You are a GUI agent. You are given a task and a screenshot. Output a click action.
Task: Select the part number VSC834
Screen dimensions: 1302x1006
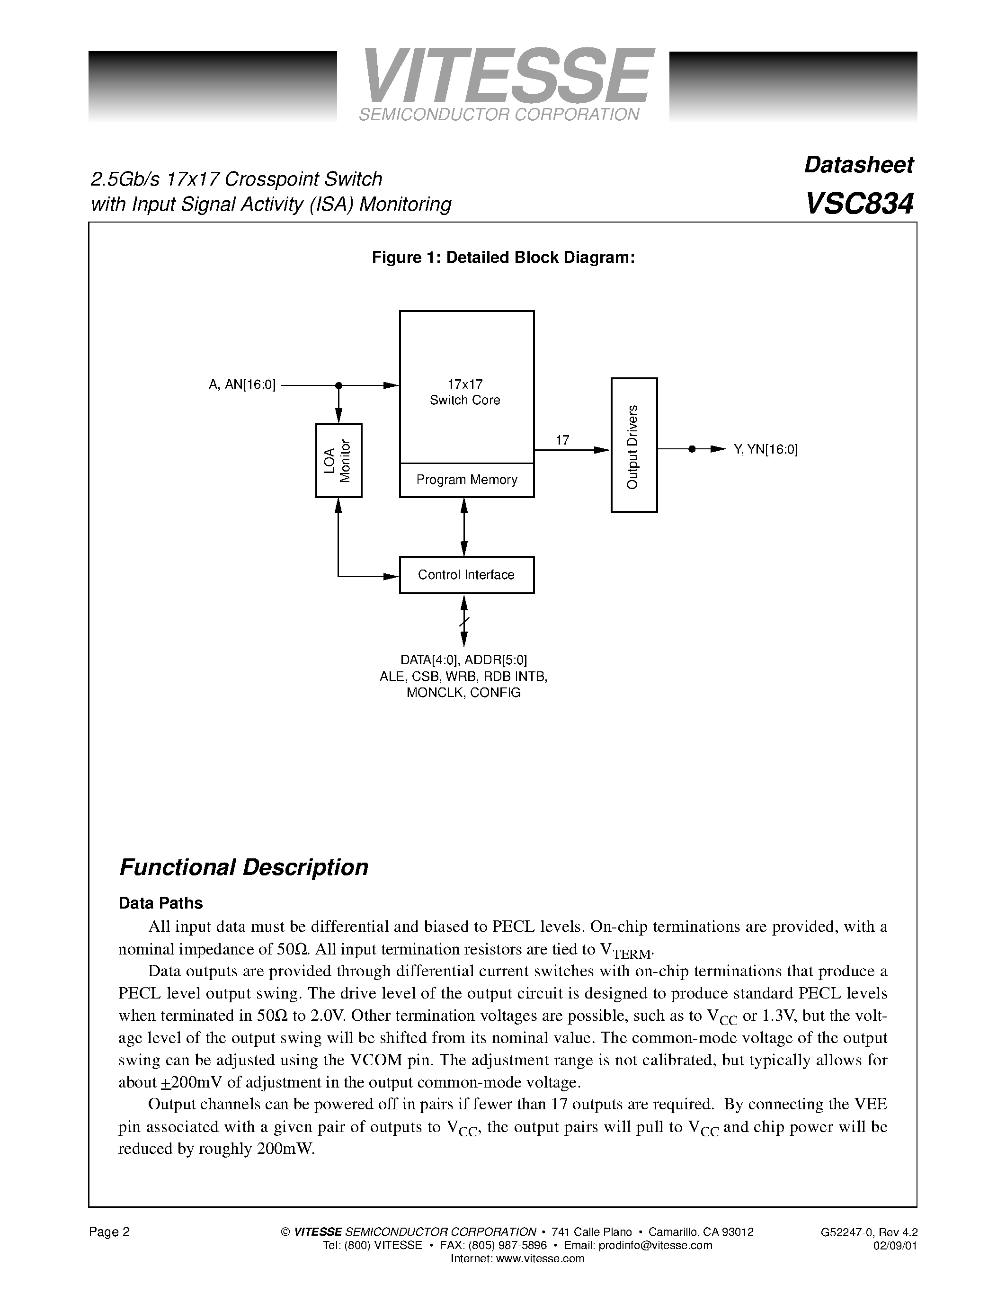click(x=859, y=204)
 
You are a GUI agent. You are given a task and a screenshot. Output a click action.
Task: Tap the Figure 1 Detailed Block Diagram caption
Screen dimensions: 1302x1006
click(x=503, y=258)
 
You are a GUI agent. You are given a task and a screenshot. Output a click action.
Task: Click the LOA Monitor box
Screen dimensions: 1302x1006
click(x=338, y=460)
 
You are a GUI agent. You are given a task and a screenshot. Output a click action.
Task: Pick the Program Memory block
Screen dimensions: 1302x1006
click(x=467, y=480)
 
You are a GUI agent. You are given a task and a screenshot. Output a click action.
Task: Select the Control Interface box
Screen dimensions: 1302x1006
click(x=467, y=575)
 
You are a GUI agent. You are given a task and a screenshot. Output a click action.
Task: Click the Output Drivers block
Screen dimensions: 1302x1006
click(x=634, y=445)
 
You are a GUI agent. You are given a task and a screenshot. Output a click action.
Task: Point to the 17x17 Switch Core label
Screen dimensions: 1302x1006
click(x=465, y=392)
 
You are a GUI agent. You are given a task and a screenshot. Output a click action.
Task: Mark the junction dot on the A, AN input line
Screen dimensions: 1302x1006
click(x=338, y=386)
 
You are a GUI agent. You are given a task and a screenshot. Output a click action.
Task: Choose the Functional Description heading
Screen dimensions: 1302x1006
click(x=244, y=867)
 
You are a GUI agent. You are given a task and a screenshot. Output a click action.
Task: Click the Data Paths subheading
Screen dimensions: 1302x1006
click(x=161, y=903)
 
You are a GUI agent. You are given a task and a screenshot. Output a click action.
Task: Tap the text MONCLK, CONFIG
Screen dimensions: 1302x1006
click(x=463, y=693)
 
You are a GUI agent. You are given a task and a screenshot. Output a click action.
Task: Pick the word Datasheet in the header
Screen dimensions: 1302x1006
click(x=858, y=165)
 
